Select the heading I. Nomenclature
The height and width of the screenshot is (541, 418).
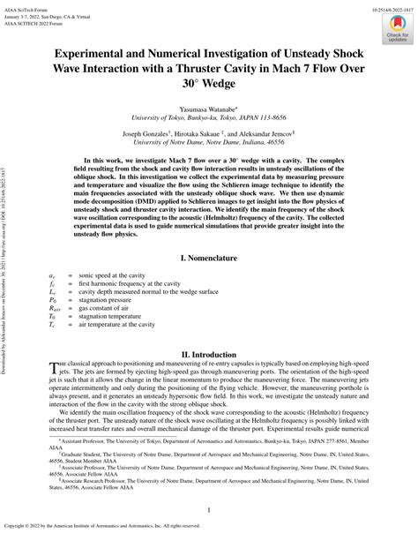(x=209, y=259)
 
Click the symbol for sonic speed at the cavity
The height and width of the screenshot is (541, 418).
(x=52, y=278)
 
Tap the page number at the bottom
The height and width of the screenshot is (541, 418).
(x=209, y=511)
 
